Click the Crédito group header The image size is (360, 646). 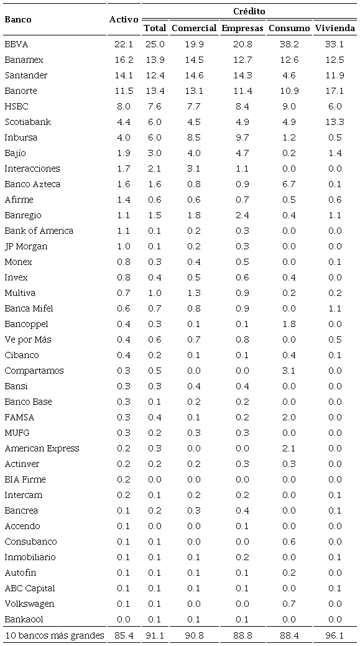pyautogui.click(x=249, y=11)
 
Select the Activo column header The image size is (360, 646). pyautogui.click(x=124, y=19)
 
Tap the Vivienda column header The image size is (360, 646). pyautogui.click(x=335, y=28)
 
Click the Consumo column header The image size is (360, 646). pyautogui.click(x=289, y=28)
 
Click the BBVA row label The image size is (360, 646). pyautogui.click(x=16, y=44)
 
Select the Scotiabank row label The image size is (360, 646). pyautogui.click(x=27, y=122)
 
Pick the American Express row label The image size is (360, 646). pyautogui.click(x=42, y=448)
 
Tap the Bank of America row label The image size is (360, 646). pyautogui.click(x=39, y=231)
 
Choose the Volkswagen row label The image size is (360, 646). pyautogui.click(x=29, y=604)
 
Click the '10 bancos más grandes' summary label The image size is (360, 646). pyautogui.click(x=54, y=635)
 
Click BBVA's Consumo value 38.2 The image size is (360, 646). pyautogui.click(x=289, y=44)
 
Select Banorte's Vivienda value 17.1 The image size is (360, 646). pyautogui.click(x=335, y=91)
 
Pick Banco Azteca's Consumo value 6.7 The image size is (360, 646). pyautogui.click(x=289, y=184)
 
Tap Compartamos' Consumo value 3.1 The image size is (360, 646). pyautogui.click(x=289, y=371)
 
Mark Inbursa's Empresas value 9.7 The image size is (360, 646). pyautogui.click(x=244, y=137)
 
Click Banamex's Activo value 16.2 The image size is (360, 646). pyautogui.click(x=124, y=60)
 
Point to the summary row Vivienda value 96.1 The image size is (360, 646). pyautogui.click(x=335, y=635)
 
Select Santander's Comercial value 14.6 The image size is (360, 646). pyautogui.click(x=194, y=75)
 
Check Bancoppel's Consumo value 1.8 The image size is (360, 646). pyautogui.click(x=289, y=324)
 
